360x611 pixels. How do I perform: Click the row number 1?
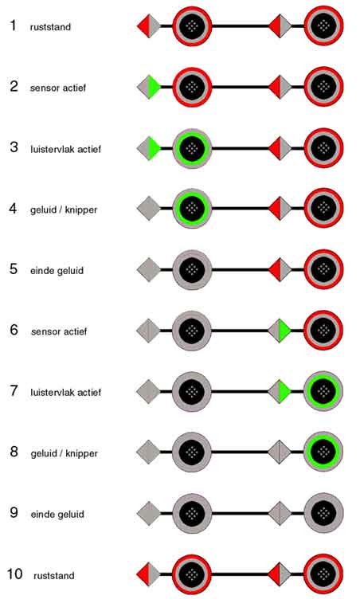pos(14,25)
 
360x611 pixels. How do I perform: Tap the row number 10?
pos(14,574)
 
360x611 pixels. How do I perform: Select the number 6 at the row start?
pos(14,330)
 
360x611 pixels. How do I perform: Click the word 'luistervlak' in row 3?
pos(49,149)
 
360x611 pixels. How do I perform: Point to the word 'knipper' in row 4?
pos(81,210)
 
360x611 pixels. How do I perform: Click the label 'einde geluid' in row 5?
pos(57,270)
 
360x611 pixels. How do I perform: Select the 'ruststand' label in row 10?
pos(54,575)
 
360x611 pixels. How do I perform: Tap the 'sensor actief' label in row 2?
pos(58,88)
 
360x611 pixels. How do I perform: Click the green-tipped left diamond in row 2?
pos(149,87)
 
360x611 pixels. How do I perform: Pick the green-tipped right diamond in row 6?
pos(280,331)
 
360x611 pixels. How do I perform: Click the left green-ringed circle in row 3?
pos(192,148)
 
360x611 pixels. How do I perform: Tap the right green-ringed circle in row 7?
pos(323,392)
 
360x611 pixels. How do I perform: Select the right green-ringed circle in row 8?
pos(323,452)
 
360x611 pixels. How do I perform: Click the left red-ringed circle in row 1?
pos(192,26)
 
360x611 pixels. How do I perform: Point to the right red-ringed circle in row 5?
pos(323,269)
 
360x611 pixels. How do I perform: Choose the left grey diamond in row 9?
pos(149,514)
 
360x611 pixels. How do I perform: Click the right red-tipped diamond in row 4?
pos(280,209)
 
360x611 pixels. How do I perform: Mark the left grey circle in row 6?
pos(192,331)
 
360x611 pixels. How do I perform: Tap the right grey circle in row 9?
pos(323,514)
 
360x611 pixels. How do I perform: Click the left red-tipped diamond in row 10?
pos(149,574)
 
